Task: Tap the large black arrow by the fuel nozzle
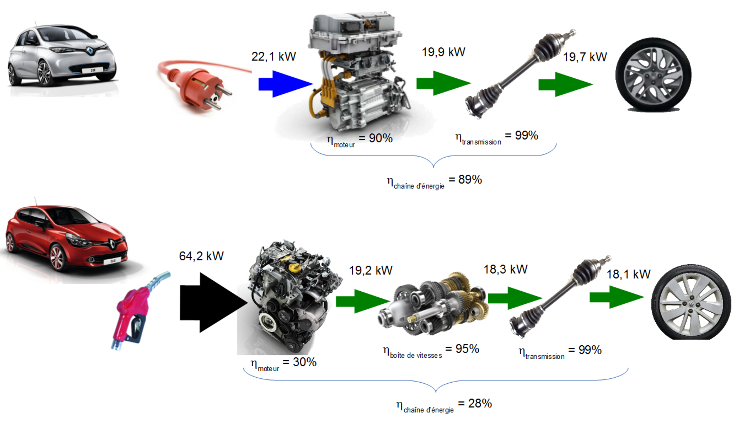214,303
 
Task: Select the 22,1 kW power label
273,56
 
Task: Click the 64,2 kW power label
201,256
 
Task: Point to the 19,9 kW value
443,52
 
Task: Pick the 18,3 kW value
506,269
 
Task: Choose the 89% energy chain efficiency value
470,180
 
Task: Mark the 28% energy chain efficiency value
480,403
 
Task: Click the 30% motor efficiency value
305,362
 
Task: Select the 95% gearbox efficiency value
467,349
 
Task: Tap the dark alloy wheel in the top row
653,75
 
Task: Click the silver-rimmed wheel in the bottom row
691,302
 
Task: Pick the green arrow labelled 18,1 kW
617,297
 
